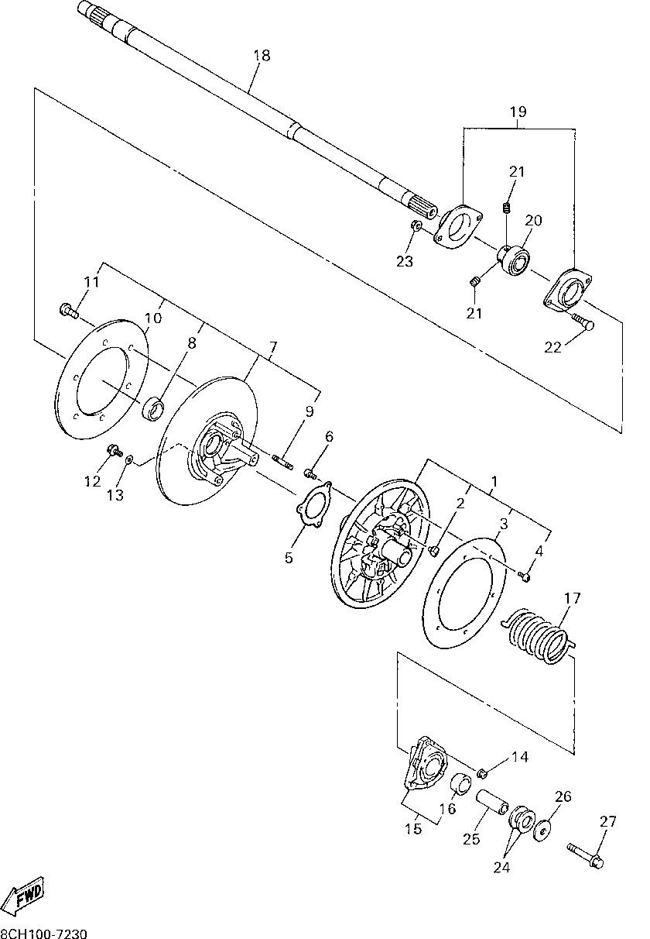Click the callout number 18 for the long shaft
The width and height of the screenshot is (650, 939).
click(262, 55)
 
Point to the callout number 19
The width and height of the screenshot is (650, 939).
click(518, 112)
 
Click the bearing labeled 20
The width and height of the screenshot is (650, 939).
click(514, 260)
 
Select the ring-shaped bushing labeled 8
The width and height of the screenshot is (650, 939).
click(153, 410)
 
